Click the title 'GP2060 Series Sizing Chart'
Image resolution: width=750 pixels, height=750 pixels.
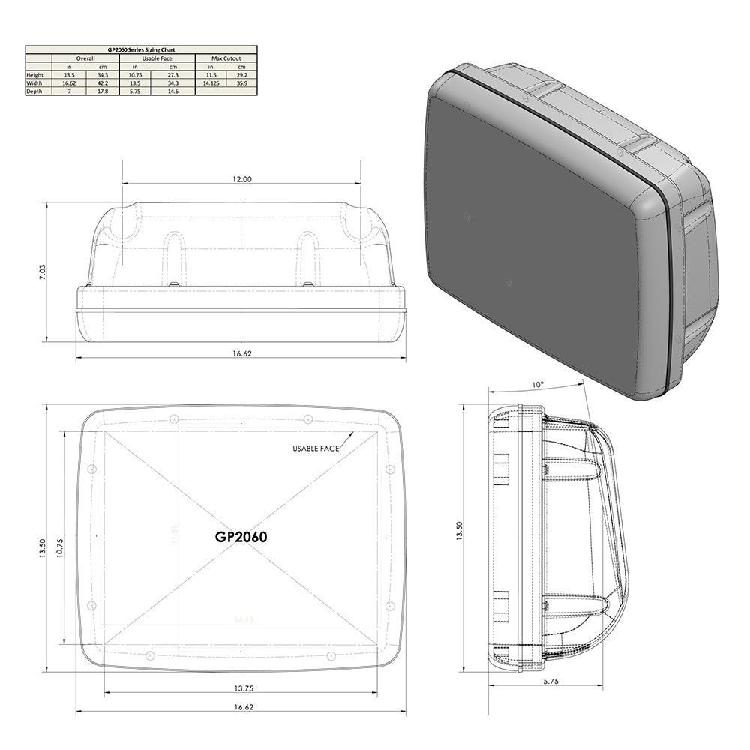(x=141, y=49)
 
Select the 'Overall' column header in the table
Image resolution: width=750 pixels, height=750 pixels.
(x=86, y=58)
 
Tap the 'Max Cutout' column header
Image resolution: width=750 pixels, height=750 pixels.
(x=226, y=58)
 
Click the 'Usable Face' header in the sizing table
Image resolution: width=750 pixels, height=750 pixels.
(x=157, y=58)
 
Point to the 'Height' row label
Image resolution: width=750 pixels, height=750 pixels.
(x=35, y=75)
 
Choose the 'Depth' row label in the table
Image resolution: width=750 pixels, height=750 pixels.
(x=34, y=91)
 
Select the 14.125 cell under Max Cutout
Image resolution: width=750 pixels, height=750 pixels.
(x=210, y=83)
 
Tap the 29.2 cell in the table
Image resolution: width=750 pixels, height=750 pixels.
(x=242, y=75)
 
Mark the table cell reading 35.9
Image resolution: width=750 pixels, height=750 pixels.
(x=242, y=83)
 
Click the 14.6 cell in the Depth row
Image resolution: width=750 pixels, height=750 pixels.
(x=172, y=91)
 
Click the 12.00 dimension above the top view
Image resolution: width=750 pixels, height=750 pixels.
(x=241, y=179)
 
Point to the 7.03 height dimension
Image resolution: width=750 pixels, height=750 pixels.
(x=42, y=271)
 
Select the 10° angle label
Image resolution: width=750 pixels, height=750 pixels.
(x=537, y=384)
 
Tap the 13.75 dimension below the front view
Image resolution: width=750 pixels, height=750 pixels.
(x=241, y=688)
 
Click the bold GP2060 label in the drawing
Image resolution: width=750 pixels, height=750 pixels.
(x=241, y=537)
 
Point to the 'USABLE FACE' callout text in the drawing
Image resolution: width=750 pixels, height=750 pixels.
(x=316, y=448)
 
